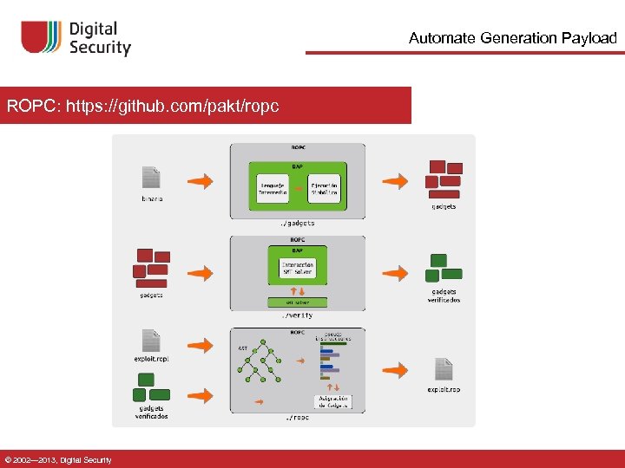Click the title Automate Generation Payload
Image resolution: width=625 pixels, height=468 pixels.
[512, 38]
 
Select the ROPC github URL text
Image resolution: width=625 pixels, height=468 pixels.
[143, 106]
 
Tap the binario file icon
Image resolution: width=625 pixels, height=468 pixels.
[151, 178]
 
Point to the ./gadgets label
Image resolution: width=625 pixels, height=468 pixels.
[298, 224]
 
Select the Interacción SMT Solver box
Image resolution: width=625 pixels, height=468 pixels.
[298, 267]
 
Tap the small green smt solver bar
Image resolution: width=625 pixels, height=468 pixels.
[298, 302]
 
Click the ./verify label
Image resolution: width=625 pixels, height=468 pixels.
[298, 315]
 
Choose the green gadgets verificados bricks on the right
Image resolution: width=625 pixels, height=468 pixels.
[443, 268]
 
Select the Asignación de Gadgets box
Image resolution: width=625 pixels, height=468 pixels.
[332, 402]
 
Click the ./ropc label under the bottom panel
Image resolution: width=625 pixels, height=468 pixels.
[298, 418]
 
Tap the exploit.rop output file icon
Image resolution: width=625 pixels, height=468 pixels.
[444, 369]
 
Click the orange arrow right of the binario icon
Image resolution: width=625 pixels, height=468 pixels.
[201, 181]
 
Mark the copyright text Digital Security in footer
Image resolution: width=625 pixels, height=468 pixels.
[57, 459]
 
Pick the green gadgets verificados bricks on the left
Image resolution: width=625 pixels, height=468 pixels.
[151, 387]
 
